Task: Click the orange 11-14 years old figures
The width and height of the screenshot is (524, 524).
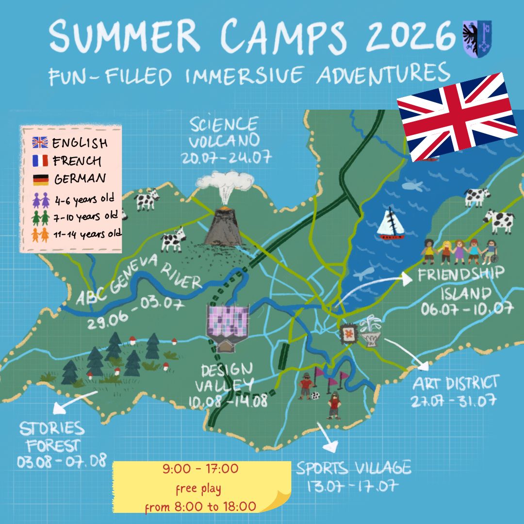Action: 40,235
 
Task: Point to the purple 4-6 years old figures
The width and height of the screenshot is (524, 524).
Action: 40,199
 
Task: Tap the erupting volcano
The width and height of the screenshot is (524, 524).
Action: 223,226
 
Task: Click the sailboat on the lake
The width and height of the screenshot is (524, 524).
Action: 391,225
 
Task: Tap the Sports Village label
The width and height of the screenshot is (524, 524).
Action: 354,468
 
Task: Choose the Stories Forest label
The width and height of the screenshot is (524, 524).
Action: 52,437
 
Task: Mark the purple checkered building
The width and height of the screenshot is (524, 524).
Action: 228,320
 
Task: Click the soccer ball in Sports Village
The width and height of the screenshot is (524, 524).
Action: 315,395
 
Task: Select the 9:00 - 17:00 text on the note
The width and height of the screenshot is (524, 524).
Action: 201,469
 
